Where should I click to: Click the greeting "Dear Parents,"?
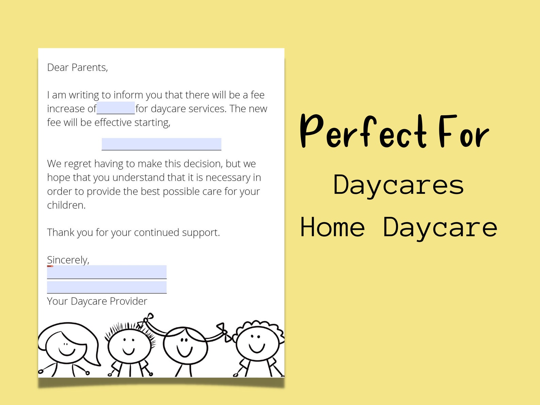tap(78, 68)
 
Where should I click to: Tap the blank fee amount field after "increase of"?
tap(116, 108)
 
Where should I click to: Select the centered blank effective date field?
tap(162, 144)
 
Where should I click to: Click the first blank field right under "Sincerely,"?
tap(107, 272)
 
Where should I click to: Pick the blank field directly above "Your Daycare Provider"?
tap(107, 287)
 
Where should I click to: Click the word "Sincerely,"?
tap(68, 260)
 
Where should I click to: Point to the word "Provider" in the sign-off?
tap(129, 301)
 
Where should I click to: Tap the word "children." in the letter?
tap(66, 205)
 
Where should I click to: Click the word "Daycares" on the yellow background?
tap(398, 185)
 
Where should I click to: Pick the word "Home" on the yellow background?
tap(333, 227)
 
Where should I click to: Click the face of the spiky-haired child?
tap(129, 345)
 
